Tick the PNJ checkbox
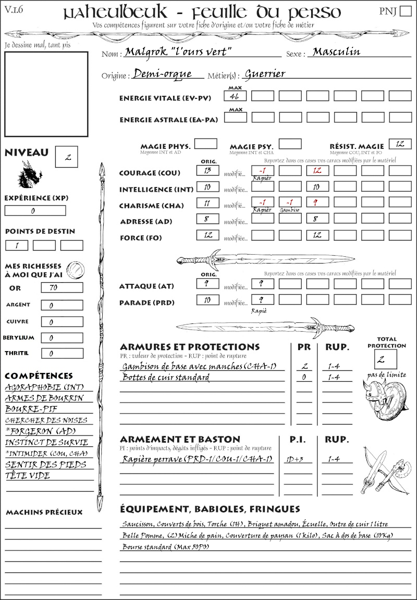pyautogui.click(x=404, y=11)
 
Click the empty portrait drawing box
pyautogui.click(x=46, y=94)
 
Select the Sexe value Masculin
pyautogui.click(x=336, y=52)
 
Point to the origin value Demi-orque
pyautogui.click(x=163, y=74)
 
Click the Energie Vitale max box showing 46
pyautogui.click(x=235, y=96)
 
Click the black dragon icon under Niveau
pyautogui.click(x=29, y=174)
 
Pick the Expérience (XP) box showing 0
pyautogui.click(x=35, y=211)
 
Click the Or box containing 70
pyautogui.click(x=62, y=287)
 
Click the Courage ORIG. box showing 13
pyautogui.click(x=207, y=170)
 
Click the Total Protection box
pyautogui.click(x=386, y=359)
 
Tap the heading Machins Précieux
pyautogui.click(x=44, y=512)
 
